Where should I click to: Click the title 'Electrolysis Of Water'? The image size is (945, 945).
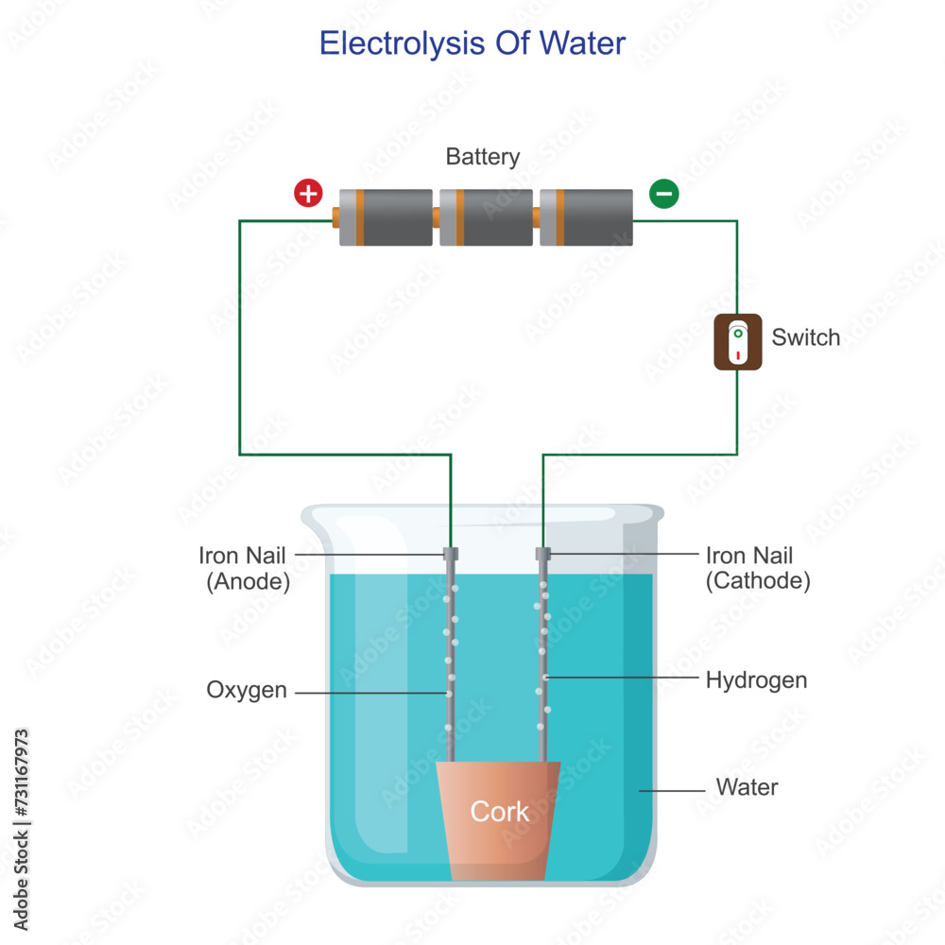click(472, 43)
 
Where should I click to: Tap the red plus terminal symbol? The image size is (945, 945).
click(308, 194)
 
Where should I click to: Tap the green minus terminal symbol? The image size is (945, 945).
click(663, 194)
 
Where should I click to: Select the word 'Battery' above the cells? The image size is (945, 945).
click(483, 156)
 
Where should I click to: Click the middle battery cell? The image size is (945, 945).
click(486, 217)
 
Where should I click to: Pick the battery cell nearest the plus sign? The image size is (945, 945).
click(386, 217)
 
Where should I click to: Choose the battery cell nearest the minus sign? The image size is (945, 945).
click(586, 217)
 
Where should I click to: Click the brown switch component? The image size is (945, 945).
click(737, 341)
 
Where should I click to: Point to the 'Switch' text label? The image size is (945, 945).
click(805, 337)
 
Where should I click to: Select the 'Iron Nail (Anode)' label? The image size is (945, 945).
click(243, 568)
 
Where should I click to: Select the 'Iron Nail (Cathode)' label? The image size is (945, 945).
click(757, 568)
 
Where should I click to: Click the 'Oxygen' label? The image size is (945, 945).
click(247, 690)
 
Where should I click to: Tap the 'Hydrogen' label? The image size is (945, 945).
click(756, 679)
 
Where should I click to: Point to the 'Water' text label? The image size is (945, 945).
click(747, 786)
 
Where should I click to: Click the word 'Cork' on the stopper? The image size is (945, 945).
click(500, 811)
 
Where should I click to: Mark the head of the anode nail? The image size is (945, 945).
click(451, 553)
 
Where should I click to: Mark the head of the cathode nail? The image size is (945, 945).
click(542, 553)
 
